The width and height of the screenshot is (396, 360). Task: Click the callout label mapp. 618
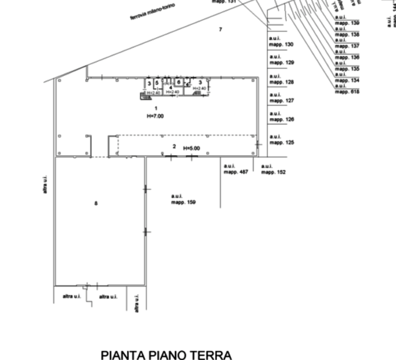346,92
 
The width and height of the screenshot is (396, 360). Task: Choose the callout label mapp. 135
346,68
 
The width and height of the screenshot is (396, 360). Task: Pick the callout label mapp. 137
346,45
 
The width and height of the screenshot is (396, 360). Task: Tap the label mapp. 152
273,172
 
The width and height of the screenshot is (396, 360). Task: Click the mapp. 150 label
184,203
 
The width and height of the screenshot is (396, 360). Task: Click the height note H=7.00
155,117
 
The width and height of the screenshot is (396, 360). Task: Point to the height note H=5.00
191,149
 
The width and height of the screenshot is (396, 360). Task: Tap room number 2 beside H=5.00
174,146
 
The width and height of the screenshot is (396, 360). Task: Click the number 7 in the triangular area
220,29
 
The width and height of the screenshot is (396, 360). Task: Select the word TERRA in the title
211,354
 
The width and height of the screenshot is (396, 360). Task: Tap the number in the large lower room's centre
96,203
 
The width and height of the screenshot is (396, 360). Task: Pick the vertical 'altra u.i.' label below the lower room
137,303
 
